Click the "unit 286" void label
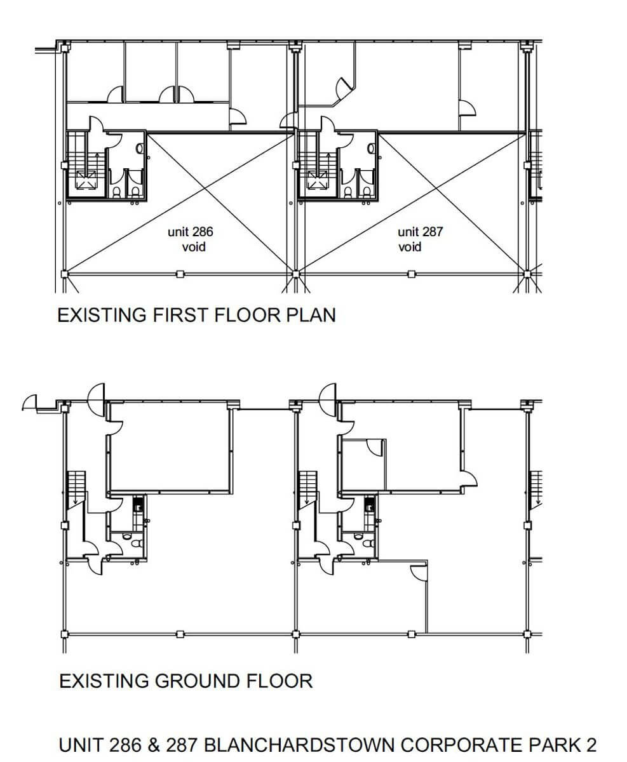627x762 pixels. [191, 232]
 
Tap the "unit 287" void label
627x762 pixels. [421, 232]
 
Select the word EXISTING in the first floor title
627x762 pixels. [102, 315]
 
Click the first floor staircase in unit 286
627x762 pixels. [86, 164]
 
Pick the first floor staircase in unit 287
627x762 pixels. [318, 164]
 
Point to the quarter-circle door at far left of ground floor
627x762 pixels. [29, 401]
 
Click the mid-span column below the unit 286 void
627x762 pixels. [180, 274]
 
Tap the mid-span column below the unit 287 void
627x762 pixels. [411, 274]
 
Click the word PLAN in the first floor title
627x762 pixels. [311, 315]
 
